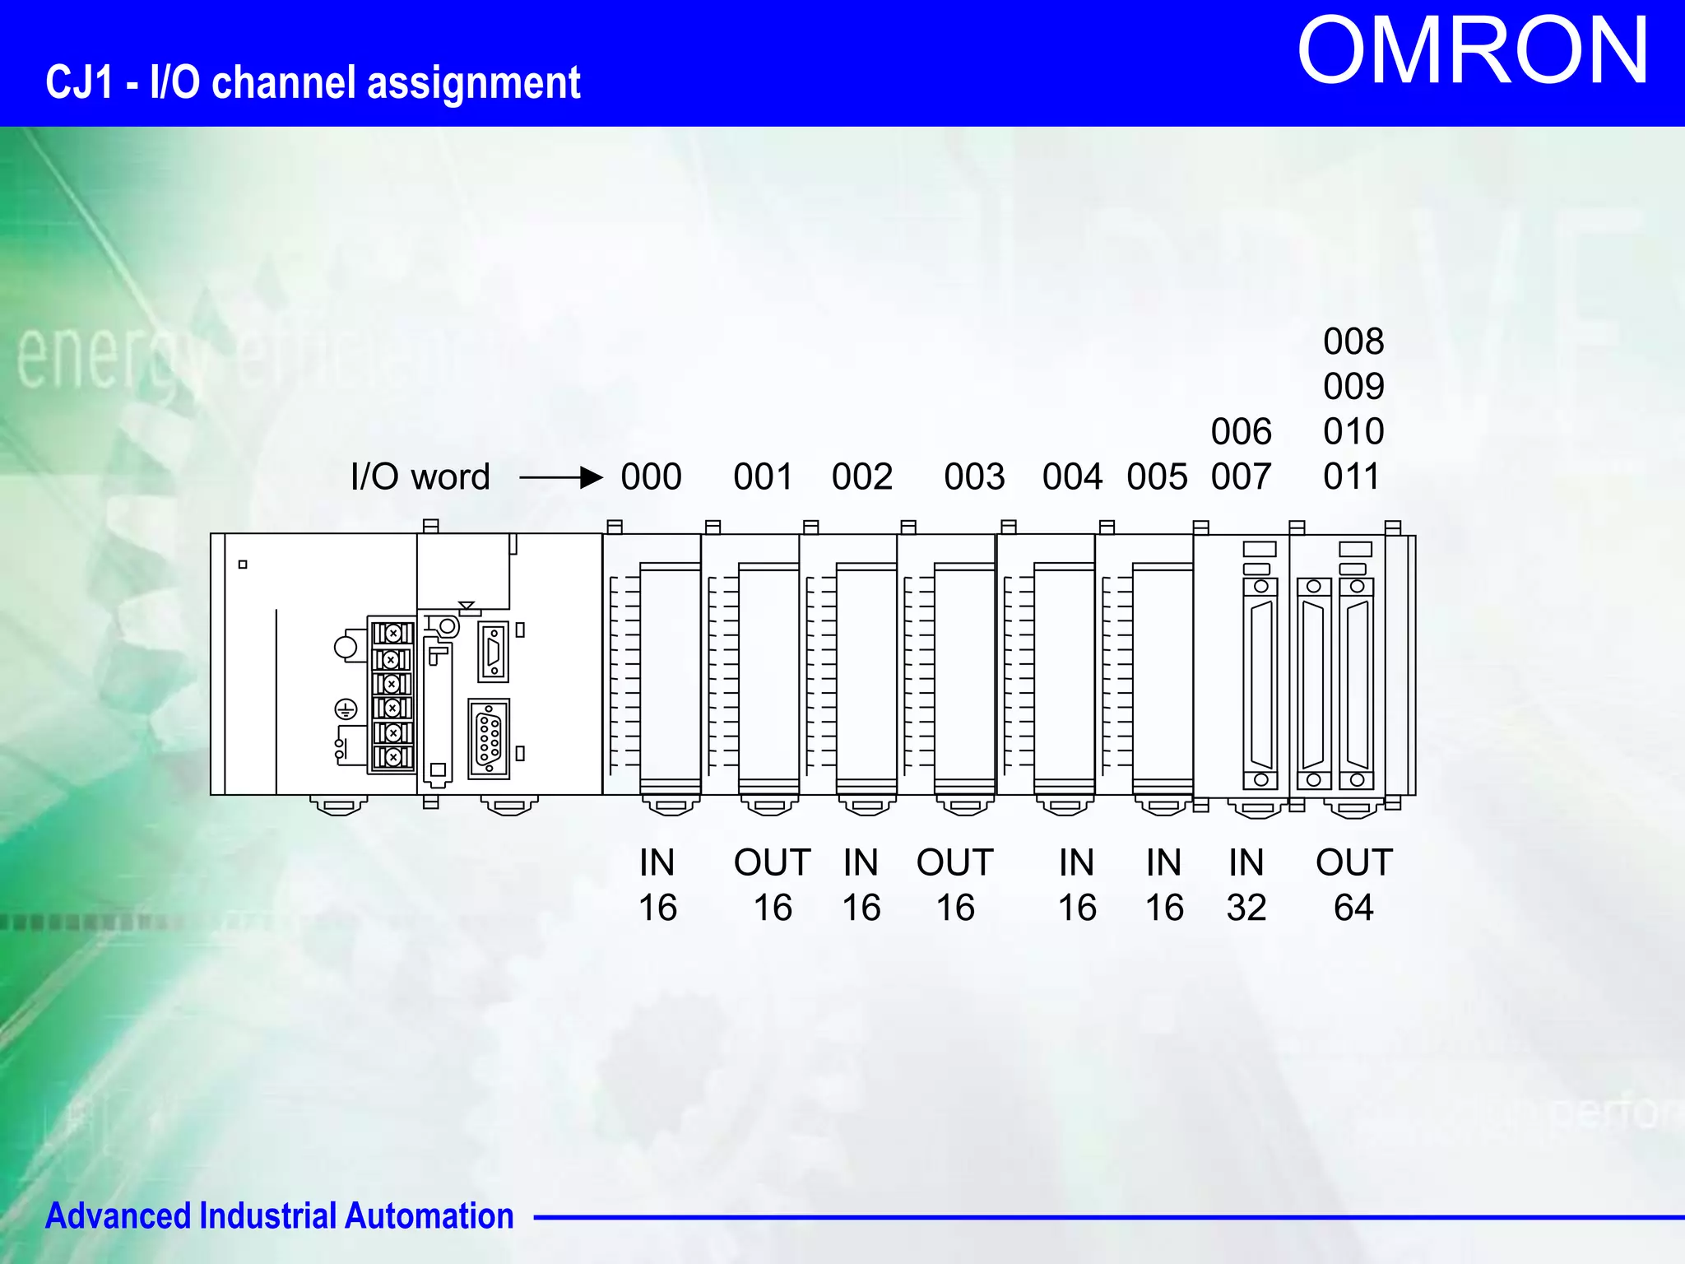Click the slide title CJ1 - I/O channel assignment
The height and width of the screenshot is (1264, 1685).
(313, 83)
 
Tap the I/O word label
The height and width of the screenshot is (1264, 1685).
(420, 476)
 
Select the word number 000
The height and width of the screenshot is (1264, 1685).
(651, 476)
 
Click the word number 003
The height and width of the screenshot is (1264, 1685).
(974, 476)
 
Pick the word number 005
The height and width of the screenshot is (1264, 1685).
(1157, 476)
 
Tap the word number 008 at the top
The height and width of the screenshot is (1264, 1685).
(1353, 342)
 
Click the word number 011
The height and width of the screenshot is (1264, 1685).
(1352, 476)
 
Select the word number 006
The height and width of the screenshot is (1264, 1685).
(1241, 431)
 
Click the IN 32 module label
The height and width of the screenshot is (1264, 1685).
(1246, 885)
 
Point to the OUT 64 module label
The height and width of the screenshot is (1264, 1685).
(1353, 885)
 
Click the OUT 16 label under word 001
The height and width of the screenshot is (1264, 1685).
(772, 885)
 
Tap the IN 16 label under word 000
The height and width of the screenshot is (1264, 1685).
(657, 885)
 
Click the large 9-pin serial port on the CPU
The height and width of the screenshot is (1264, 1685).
(489, 738)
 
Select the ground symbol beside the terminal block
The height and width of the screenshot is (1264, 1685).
(346, 709)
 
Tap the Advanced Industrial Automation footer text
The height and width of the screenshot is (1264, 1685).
(279, 1216)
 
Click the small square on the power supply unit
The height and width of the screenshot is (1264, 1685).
(243, 565)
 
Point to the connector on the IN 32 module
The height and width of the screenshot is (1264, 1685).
(1260, 683)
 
